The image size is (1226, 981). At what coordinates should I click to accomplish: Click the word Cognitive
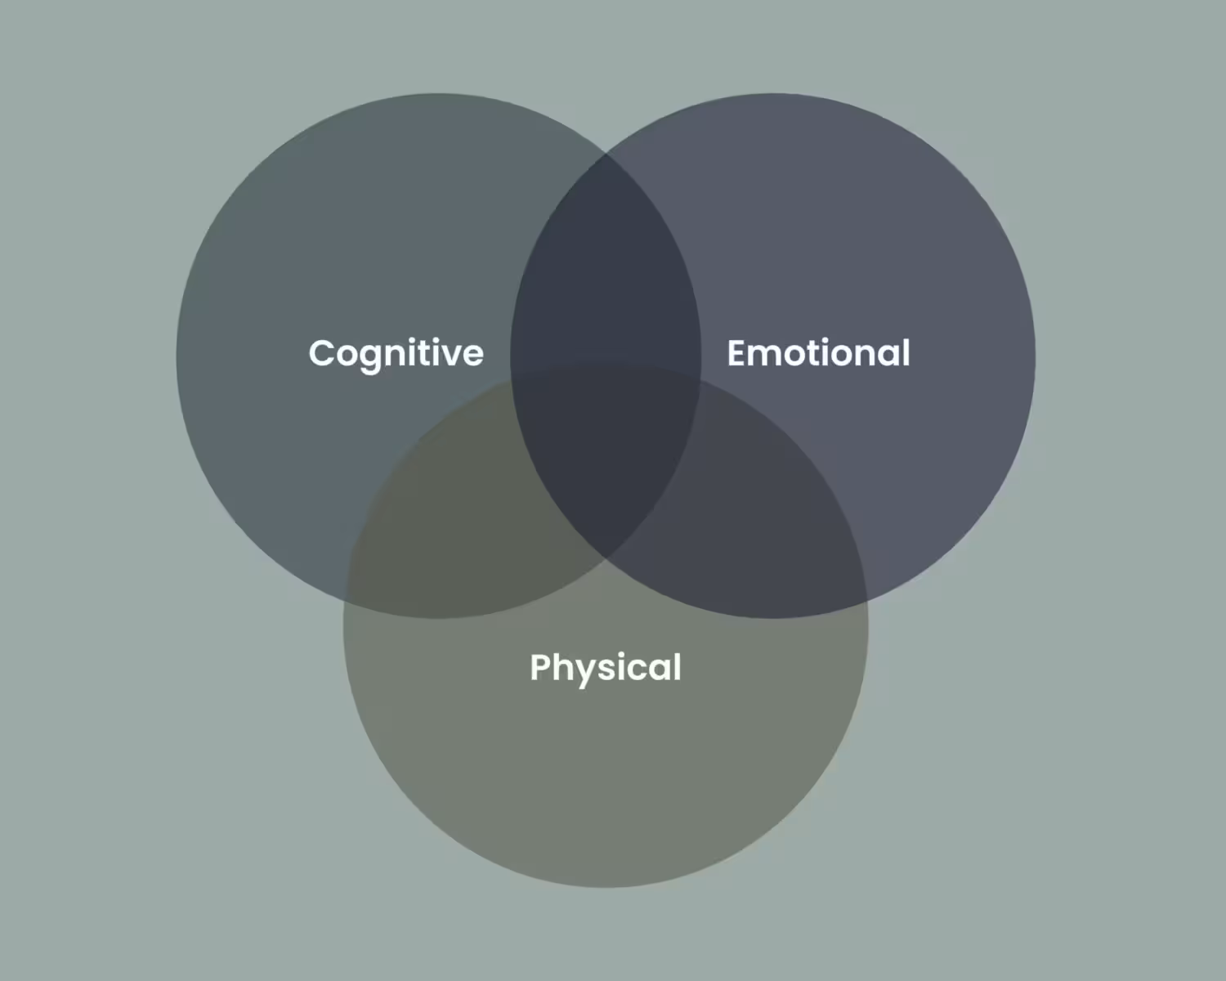[x=396, y=353]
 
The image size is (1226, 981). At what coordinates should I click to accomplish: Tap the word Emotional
[x=818, y=353]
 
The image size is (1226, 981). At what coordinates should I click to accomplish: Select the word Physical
[x=606, y=667]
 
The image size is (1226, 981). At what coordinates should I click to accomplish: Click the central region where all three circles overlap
[x=606, y=458]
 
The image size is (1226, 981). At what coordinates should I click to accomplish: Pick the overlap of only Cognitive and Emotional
[x=606, y=270]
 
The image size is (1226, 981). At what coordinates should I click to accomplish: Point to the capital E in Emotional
[x=737, y=353]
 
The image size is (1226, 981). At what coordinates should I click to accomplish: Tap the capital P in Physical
[x=541, y=667]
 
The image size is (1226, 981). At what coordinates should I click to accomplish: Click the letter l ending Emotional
[x=905, y=352]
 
